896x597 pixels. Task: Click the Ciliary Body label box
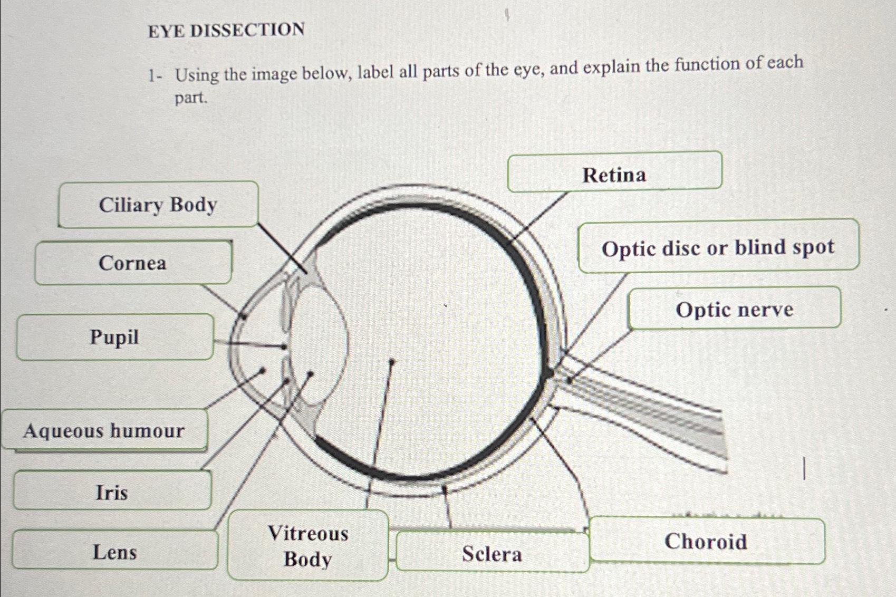158,205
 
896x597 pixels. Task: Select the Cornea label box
133,263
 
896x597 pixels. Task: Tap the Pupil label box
114,337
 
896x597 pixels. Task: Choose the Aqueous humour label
104,431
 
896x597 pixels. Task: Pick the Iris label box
112,492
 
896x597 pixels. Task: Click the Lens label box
114,552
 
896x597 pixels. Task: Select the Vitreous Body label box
308,546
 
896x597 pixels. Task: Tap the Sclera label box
492,553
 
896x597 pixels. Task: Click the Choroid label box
706,541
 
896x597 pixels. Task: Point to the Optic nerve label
734,309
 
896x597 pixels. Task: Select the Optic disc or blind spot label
718,247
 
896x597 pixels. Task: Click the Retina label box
614,174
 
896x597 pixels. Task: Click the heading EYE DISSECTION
226,30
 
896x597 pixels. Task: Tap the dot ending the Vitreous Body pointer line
391,362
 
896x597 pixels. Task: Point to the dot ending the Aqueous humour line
262,371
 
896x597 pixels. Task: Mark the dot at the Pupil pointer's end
285,347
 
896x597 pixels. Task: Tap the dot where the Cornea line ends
243,316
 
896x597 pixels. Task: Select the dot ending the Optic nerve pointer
569,380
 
